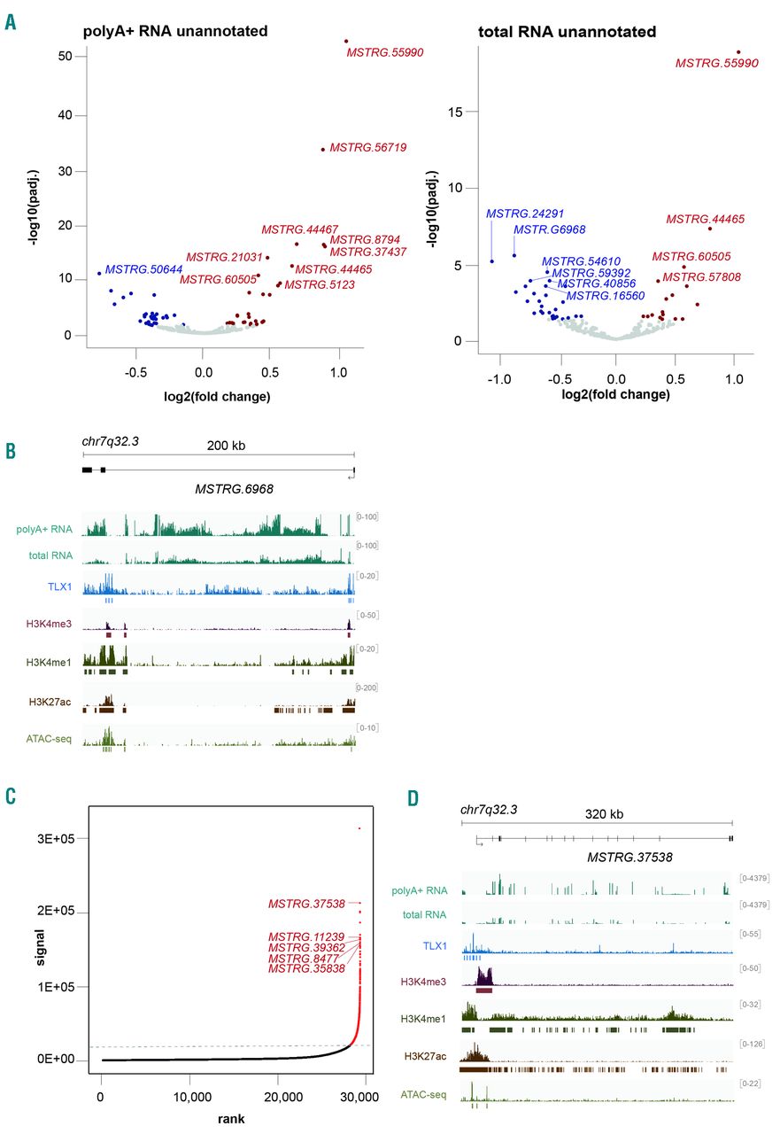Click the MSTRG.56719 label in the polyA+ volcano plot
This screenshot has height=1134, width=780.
(367, 148)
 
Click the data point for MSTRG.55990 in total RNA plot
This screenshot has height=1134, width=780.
(738, 52)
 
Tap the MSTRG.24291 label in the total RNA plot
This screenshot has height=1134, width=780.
(524, 214)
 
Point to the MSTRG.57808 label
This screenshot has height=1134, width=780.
(704, 276)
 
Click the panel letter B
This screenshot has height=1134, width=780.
(12, 451)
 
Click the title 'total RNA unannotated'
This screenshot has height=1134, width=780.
(567, 32)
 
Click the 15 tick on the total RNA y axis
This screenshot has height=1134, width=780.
(460, 112)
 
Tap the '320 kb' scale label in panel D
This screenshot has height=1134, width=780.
(606, 812)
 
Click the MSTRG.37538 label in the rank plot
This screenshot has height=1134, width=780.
(308, 904)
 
